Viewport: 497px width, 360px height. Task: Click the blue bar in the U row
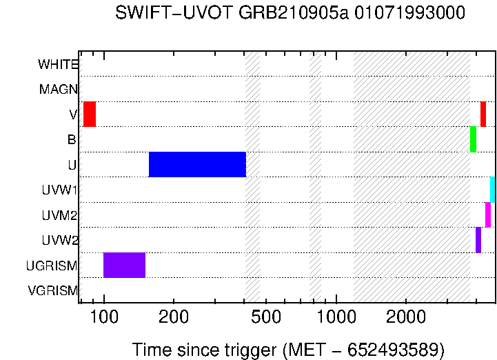click(197, 164)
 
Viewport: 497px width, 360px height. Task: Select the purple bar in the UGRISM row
click(124, 266)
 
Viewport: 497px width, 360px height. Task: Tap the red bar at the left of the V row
click(90, 114)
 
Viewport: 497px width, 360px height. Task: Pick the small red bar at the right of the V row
click(483, 114)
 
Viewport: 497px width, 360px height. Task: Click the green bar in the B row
click(473, 139)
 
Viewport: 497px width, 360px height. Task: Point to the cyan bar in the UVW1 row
click(492, 190)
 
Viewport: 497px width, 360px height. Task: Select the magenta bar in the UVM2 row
click(488, 214)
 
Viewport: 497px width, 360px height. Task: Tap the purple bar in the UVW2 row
click(478, 240)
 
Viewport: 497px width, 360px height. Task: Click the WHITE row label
click(58, 65)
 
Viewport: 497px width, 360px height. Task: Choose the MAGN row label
click(59, 90)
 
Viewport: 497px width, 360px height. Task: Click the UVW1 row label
click(59, 190)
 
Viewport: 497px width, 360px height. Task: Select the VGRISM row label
click(53, 291)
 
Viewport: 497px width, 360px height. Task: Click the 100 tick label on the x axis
click(104, 318)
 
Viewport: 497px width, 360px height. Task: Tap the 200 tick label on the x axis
click(174, 318)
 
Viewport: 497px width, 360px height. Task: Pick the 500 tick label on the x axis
click(266, 318)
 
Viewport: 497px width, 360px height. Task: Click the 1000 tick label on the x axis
click(336, 318)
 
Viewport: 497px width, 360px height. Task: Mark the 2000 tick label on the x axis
click(406, 318)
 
